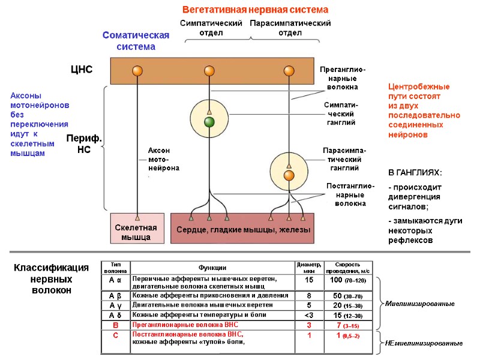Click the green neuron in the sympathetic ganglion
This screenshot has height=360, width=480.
(209, 122)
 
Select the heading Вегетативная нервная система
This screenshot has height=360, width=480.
(255, 10)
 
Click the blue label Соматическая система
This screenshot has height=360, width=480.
(136, 41)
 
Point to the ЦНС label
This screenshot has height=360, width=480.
(82, 70)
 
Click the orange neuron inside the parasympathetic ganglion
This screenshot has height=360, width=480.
(289, 175)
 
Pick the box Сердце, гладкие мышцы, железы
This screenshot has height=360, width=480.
(242, 230)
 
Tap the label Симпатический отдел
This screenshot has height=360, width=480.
(211, 28)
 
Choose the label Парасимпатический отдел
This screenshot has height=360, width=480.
(290, 28)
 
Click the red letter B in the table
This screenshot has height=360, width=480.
(116, 325)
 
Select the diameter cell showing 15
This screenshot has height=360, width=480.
(309, 280)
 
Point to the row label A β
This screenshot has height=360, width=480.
(116, 296)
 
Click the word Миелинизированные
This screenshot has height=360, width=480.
(419, 304)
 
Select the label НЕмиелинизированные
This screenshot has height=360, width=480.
(424, 343)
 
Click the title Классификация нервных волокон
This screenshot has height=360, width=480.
(51, 279)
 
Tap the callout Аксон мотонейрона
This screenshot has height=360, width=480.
(159, 159)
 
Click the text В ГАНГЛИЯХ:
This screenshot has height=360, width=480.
(415, 173)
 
